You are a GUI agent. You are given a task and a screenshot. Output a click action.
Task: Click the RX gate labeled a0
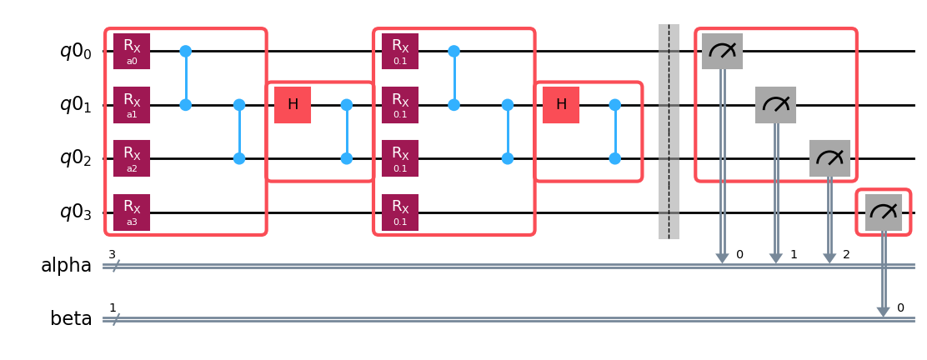click(x=132, y=52)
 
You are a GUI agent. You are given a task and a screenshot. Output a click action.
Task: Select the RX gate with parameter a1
click(x=132, y=105)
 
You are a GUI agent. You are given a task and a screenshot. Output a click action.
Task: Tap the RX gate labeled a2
click(x=132, y=158)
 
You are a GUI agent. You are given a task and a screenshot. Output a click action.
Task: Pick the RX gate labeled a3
click(x=132, y=212)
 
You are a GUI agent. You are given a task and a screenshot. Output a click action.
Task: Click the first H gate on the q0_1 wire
click(x=293, y=105)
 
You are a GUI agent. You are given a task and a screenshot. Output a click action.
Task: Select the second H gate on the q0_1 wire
click(x=561, y=105)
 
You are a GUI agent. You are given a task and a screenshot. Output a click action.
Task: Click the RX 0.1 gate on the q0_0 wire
click(x=400, y=52)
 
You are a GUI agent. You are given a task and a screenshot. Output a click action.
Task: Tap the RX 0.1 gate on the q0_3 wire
click(x=400, y=212)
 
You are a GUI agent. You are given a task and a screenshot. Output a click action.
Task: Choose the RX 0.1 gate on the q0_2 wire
click(x=400, y=158)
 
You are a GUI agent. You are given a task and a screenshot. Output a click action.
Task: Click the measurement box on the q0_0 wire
click(x=722, y=52)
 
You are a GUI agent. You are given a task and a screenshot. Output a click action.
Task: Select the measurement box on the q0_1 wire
click(x=775, y=105)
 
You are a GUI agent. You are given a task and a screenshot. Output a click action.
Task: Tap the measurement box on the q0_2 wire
click(x=829, y=158)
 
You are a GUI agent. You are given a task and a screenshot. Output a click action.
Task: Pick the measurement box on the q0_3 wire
click(x=884, y=212)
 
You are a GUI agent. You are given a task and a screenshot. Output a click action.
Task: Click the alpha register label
click(x=66, y=266)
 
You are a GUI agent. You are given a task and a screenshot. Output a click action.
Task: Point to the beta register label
click(x=71, y=319)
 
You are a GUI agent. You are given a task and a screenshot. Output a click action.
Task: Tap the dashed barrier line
click(x=669, y=132)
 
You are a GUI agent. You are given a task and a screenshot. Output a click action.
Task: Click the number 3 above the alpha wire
click(x=112, y=254)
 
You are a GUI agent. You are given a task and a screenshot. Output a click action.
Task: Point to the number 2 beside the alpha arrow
click(x=846, y=254)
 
